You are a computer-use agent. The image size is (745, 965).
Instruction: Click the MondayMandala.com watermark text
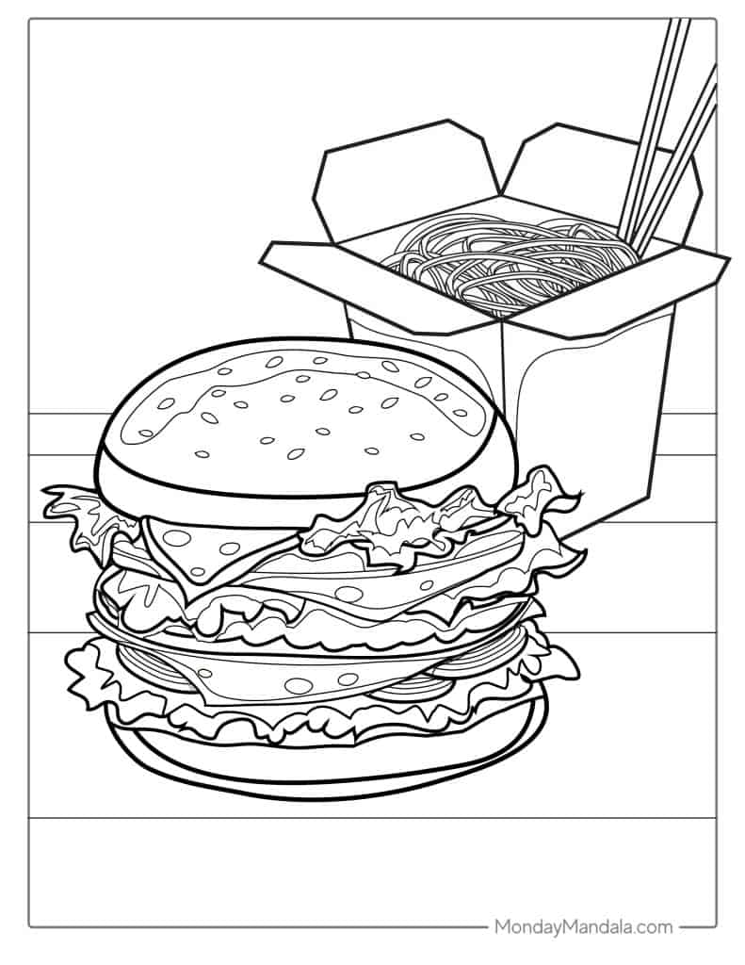pos(583,926)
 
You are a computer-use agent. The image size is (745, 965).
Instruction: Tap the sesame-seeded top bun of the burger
pos(301,418)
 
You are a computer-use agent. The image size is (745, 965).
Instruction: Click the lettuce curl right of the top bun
pos(542,492)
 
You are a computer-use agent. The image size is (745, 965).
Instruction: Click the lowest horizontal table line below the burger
pos(372,817)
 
